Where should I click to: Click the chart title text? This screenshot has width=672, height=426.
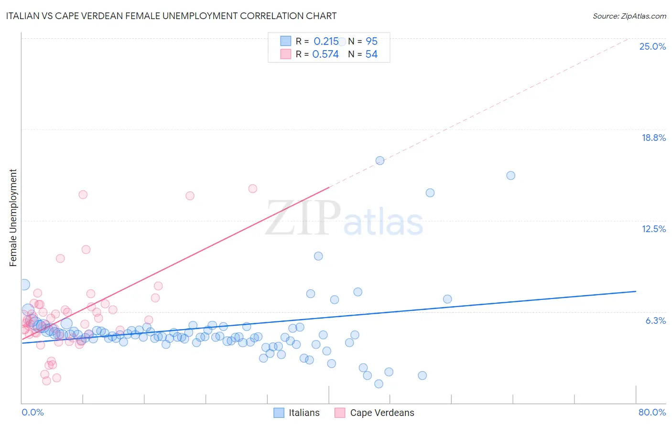171,16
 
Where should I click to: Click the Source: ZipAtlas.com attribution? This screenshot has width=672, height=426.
629,16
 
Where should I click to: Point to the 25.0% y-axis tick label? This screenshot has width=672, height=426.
652,46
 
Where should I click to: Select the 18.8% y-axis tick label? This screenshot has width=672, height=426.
653,138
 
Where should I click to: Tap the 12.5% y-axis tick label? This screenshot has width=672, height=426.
653,229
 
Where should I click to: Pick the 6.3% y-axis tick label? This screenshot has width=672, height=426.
655,320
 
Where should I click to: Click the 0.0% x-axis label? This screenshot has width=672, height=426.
33,412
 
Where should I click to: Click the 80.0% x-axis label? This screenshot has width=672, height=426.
652,412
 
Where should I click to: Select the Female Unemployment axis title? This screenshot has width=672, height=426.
13,218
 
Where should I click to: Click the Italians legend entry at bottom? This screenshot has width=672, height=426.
296,413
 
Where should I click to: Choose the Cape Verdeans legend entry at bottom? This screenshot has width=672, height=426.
374,413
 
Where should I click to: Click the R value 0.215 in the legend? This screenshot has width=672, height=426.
326,42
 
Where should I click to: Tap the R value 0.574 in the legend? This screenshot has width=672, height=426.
325,54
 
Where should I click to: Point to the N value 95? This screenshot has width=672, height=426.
371,42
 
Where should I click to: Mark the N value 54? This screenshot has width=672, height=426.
371,54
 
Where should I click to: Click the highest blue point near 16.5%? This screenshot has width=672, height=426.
380,160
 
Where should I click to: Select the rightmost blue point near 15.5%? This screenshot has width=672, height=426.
510,175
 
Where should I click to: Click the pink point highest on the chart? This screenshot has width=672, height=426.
252,189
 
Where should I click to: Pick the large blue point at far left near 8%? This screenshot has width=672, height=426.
23,285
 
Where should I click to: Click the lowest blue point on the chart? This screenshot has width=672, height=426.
379,384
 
